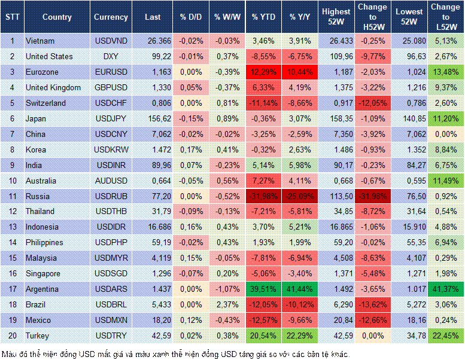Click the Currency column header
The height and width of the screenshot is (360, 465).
111,17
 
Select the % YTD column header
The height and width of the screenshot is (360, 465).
263,17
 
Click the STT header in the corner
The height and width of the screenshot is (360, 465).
11,17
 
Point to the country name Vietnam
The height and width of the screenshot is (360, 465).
40,41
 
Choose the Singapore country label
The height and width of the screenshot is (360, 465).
44,273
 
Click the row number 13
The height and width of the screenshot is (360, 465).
11,227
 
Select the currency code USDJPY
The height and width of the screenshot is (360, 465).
111,118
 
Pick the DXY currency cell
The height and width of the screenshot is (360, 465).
111,56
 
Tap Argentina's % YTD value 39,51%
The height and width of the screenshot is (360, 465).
263,289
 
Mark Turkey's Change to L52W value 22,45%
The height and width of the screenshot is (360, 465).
445,335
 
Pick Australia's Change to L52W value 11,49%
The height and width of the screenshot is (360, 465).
445,181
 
